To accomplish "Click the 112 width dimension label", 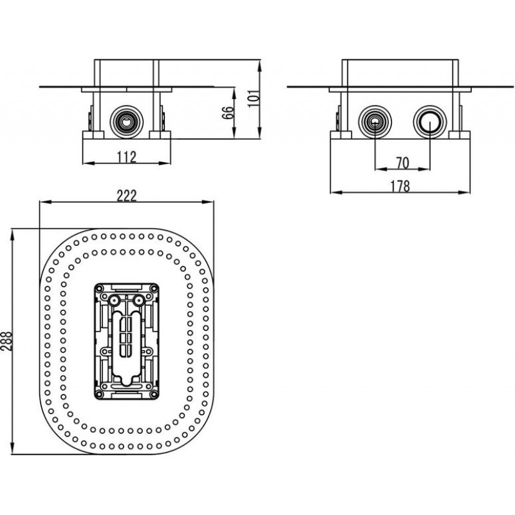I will (127, 156).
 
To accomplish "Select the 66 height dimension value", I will (227, 113).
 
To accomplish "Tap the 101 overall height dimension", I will (252, 98).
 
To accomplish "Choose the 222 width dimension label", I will (127, 196).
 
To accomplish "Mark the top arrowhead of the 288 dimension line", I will (13, 230).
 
